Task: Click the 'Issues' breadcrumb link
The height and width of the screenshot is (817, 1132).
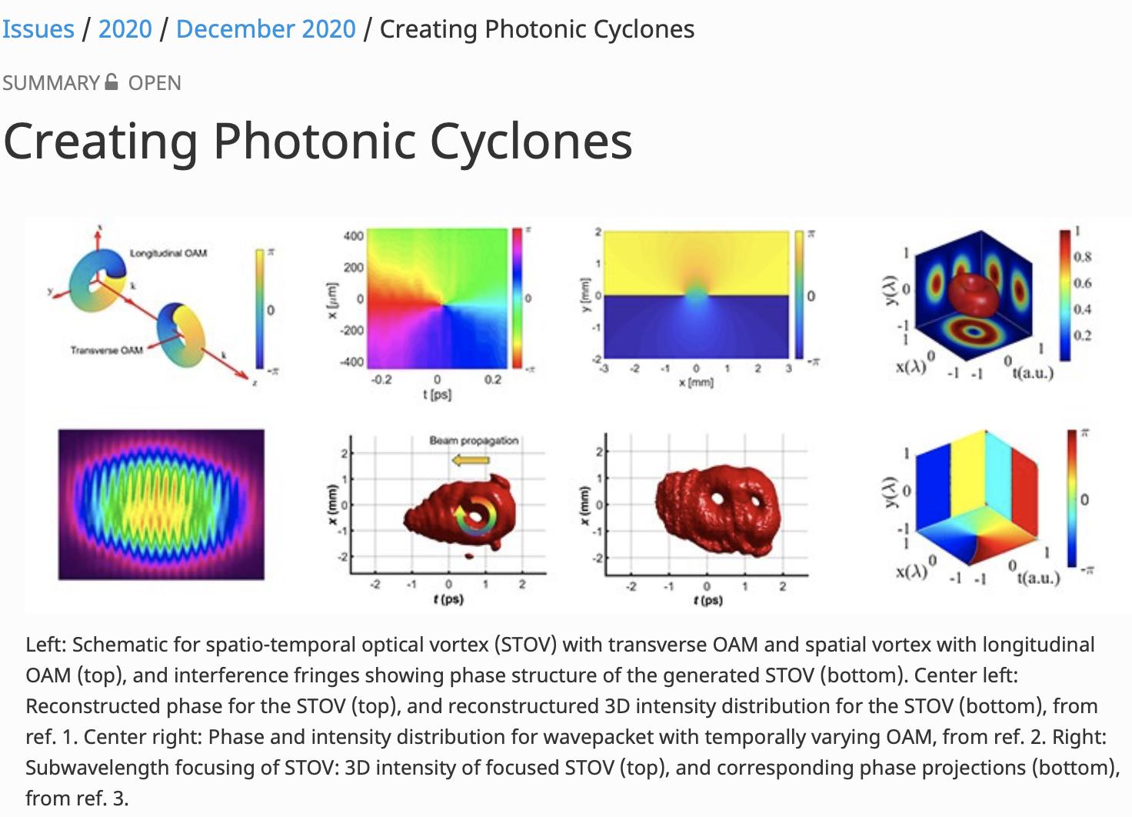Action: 38,29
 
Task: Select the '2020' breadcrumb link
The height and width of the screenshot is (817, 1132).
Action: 125,29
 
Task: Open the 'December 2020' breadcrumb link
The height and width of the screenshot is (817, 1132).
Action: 265,29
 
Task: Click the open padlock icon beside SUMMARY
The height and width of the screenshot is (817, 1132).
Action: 112,82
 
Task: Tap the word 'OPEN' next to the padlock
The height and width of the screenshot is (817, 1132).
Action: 155,83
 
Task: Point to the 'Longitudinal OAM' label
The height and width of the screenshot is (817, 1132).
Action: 168,253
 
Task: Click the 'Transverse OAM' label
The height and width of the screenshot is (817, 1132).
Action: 107,351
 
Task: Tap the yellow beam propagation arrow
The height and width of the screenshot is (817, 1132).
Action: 471,461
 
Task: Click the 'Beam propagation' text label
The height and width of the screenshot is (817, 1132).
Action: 474,441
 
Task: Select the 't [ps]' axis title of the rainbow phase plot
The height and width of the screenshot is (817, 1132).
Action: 437,395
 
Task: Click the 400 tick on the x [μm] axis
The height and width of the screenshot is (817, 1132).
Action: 353,236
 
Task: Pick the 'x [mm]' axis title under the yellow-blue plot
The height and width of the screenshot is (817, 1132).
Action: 696,382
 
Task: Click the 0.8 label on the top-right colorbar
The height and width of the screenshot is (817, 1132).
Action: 1082,257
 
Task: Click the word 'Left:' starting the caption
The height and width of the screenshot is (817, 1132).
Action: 46,645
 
